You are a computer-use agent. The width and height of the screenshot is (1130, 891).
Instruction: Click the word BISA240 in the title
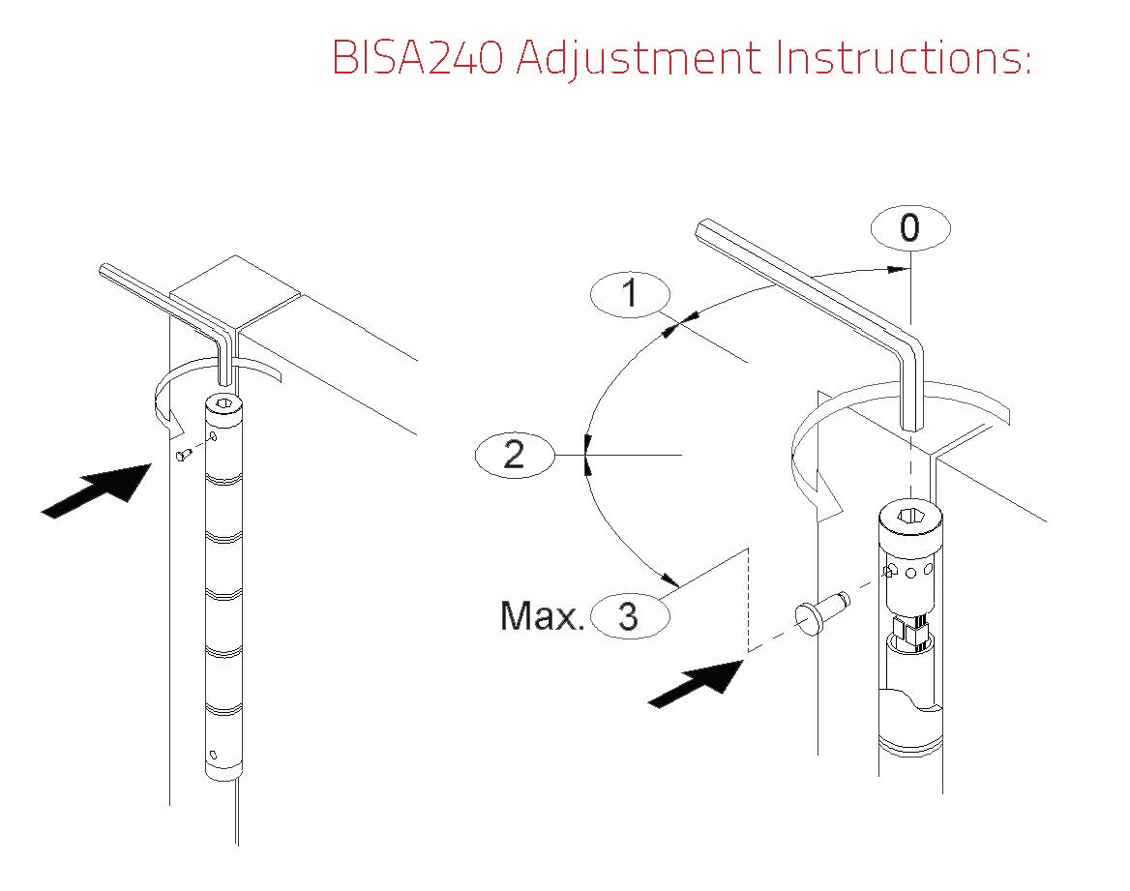[417, 57]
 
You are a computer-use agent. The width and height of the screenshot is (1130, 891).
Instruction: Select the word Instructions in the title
[899, 57]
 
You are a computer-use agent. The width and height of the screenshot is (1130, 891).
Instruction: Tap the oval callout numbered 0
[910, 227]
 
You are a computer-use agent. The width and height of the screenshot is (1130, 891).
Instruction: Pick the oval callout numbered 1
[630, 294]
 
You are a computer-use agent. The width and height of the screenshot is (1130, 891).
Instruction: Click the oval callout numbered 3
[630, 616]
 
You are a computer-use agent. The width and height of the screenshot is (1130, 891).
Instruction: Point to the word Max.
[541, 616]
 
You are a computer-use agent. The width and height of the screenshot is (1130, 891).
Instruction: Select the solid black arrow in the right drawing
[697, 683]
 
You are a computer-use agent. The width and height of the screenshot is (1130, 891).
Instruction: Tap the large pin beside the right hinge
[820, 610]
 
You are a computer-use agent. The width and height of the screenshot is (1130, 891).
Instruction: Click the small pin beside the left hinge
[185, 454]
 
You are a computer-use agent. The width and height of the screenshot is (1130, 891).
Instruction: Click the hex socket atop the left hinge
[224, 403]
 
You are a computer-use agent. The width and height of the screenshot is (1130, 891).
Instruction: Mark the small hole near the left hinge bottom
[213, 755]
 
